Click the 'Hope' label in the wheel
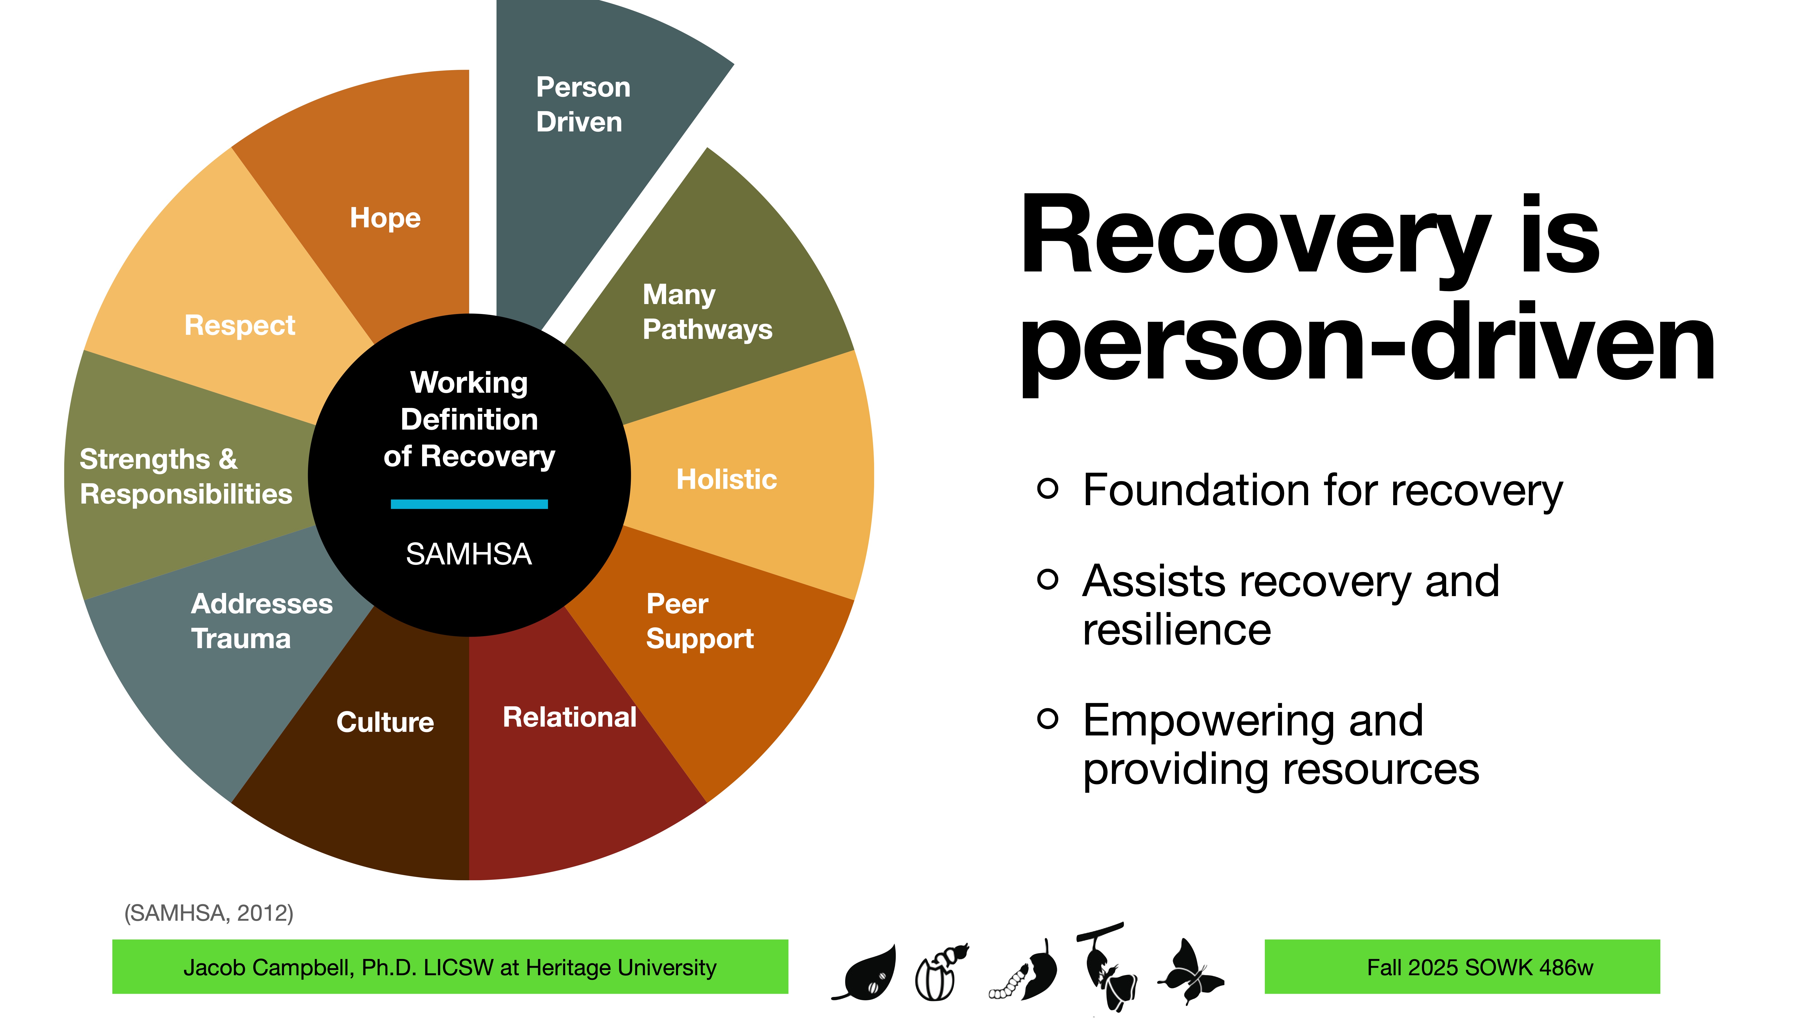tap(385, 218)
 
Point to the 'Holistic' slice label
tap(726, 479)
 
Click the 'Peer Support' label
tap(699, 621)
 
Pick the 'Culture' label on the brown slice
tap(385, 722)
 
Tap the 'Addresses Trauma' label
tap(261, 621)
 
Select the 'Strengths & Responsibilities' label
tap(185, 476)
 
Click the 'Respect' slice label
tap(239, 325)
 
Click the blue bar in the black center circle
tap(469, 504)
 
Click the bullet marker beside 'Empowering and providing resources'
tap(1047, 718)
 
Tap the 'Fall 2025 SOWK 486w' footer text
tap(1480, 967)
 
